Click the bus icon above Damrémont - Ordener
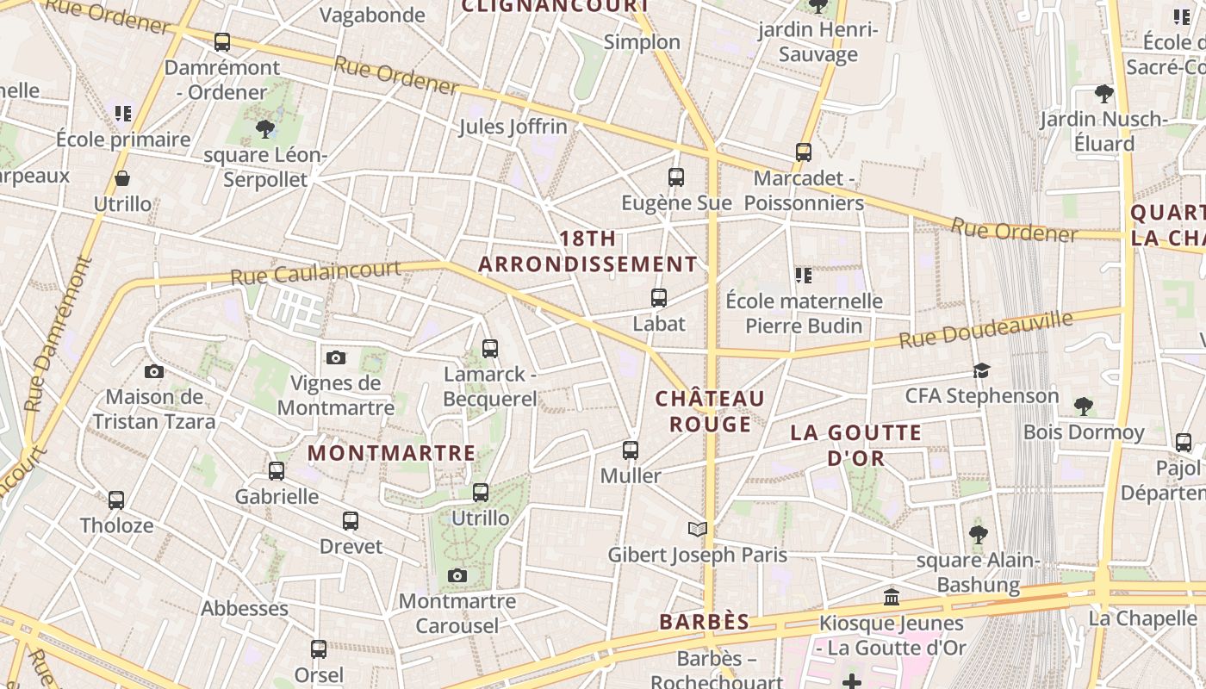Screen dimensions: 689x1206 [222, 41]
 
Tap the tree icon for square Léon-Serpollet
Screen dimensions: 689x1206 [265, 129]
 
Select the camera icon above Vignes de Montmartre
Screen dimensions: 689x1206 [336, 357]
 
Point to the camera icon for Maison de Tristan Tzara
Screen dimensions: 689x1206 [154, 371]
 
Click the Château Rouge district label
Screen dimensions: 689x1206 [710, 411]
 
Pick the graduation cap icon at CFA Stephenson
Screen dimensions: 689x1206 [981, 370]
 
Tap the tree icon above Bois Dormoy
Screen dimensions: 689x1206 [1084, 406]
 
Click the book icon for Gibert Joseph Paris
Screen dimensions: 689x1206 [698, 529]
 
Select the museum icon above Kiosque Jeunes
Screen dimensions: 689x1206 [892, 597]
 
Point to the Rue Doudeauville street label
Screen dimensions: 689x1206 [986, 330]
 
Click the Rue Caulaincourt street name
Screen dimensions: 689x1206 [315, 273]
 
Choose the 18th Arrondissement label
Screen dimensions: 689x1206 [587, 251]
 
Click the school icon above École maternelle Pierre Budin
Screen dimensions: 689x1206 [804, 276]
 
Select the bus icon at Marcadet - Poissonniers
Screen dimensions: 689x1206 [804, 152]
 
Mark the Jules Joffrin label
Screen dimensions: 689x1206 [513, 127]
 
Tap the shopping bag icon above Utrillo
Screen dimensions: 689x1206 [122, 178]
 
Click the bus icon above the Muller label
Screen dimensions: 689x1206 [631, 450]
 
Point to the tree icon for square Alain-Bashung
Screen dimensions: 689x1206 [978, 535]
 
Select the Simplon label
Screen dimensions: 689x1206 [642, 41]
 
